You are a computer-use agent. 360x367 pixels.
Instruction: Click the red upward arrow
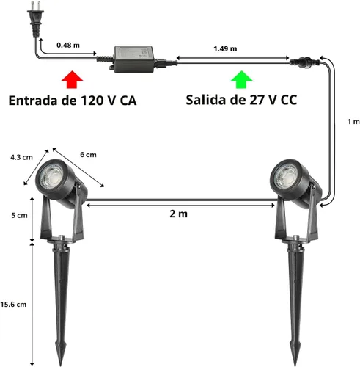tap(72, 79)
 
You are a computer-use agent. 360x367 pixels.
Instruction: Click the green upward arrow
tap(242, 79)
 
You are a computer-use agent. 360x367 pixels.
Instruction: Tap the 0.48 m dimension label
tap(68, 45)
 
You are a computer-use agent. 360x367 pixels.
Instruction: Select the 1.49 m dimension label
tap(225, 48)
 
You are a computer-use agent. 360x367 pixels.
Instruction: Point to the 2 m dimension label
tap(179, 214)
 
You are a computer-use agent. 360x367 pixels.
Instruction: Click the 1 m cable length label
tap(353, 121)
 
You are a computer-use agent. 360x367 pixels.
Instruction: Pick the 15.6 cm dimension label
tap(13, 305)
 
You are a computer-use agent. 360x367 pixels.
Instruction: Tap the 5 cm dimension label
tap(19, 215)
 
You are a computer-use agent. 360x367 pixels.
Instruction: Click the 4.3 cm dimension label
tap(21, 157)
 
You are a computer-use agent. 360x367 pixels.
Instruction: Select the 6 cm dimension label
tap(88, 155)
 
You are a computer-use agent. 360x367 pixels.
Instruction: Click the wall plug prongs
tap(34, 6)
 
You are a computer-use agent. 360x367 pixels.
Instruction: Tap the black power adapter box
tap(134, 59)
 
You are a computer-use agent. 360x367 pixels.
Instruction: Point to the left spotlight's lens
tap(51, 176)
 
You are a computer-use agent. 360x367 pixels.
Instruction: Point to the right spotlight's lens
tap(285, 176)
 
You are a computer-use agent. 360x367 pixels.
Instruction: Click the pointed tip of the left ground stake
tap(60, 366)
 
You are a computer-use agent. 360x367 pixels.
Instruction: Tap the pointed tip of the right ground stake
tap(295, 366)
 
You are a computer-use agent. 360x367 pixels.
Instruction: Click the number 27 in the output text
tap(257, 100)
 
